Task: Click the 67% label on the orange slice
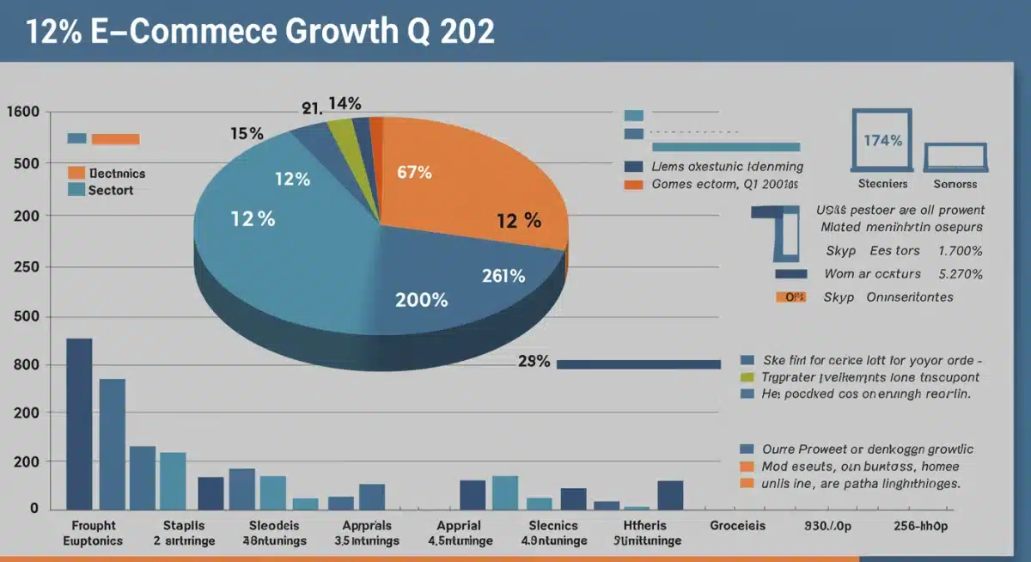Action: tap(414, 172)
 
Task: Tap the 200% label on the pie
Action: tap(421, 300)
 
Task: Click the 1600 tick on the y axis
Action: tap(22, 113)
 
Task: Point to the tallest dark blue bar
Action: tap(79, 423)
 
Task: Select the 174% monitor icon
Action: tap(882, 140)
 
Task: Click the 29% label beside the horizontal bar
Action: tap(534, 362)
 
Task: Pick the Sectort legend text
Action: tap(111, 190)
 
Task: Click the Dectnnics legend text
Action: tap(117, 173)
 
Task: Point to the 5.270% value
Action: tap(961, 274)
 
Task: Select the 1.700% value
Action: tap(961, 251)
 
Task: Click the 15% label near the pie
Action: tap(247, 134)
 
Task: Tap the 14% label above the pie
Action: tap(344, 104)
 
